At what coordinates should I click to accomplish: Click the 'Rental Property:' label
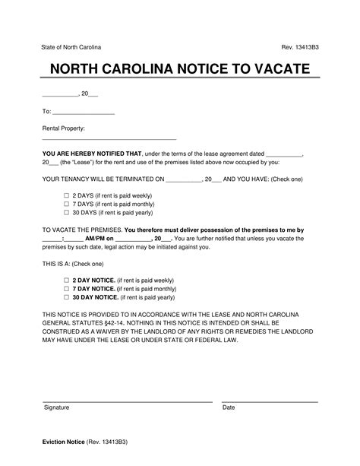click(63, 128)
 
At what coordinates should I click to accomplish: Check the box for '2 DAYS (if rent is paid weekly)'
click(66, 195)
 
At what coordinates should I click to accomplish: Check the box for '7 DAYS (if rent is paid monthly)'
click(66, 204)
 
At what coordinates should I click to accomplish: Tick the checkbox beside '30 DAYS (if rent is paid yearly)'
click(66, 214)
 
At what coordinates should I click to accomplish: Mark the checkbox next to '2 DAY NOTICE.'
click(66, 280)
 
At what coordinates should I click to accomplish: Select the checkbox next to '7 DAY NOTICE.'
click(66, 289)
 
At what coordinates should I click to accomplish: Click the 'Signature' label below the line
click(56, 407)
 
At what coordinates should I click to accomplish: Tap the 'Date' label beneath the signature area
click(229, 407)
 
